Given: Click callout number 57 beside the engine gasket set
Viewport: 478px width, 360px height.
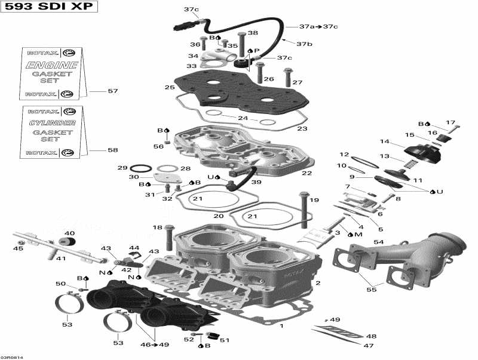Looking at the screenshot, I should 112,91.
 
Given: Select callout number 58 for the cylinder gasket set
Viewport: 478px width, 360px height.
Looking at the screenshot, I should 112,150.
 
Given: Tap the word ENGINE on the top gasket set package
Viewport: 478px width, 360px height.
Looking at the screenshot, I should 53,64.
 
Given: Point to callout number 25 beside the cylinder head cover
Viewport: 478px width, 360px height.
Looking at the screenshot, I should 170,88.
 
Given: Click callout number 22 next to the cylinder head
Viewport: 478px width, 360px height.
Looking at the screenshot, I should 307,173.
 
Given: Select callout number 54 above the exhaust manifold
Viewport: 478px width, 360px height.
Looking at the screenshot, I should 378,242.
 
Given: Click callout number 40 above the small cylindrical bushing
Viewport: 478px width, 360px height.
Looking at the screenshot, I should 69,233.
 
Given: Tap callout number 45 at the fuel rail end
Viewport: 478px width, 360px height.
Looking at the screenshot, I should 18,249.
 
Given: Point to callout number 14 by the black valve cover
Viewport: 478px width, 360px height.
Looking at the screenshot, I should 385,141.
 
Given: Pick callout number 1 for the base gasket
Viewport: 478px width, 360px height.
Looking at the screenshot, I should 281,326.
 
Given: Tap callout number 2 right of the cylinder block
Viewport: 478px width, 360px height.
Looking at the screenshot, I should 318,283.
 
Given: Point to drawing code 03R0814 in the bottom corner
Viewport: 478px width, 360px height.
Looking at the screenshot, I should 12,356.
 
